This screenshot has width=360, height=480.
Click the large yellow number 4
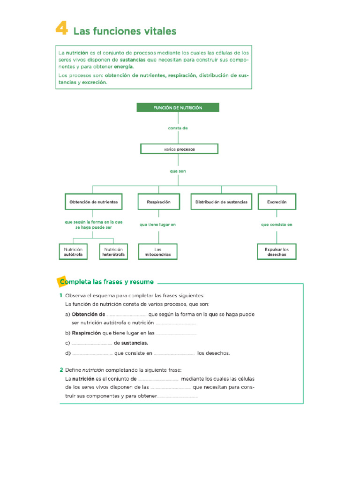pos(61,30)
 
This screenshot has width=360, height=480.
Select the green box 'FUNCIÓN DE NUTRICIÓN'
pos(178,107)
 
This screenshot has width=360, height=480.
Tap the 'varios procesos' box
pos(179,149)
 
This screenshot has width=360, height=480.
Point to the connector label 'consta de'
pos(178,128)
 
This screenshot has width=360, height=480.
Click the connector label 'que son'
pos(178,171)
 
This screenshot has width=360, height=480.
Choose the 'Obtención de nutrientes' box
pos(93,202)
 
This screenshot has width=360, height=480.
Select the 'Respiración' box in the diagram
pos(158,202)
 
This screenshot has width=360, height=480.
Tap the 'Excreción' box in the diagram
pos(277,202)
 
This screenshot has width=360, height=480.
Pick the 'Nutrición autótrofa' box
pos(73,252)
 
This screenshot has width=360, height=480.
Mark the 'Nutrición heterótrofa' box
pos(113,252)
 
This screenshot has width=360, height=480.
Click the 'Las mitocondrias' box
pos(158,252)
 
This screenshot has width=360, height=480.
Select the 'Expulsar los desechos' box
pos(277,252)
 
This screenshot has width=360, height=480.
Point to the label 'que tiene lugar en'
pos(158,225)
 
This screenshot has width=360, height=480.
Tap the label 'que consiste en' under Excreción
pos(277,225)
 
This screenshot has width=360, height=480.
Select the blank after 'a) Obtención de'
pos(127,315)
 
